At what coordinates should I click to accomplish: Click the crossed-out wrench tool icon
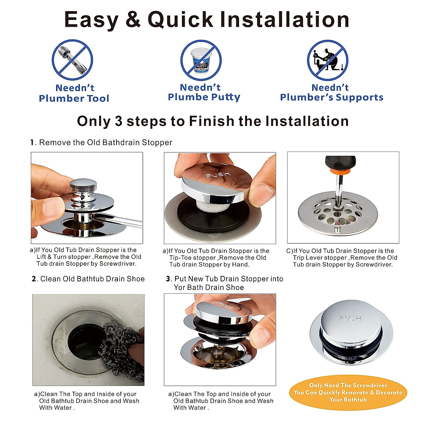pos(72,60)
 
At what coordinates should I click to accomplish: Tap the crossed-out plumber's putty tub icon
pos(201,60)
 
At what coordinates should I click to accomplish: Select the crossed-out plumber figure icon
pos(328,60)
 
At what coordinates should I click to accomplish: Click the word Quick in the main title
pos(180,20)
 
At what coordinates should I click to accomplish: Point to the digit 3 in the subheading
pos(119,121)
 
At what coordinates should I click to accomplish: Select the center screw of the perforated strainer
pos(337,213)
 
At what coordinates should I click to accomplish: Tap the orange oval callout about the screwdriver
pos(348,392)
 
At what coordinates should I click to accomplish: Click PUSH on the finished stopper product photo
pos(350,318)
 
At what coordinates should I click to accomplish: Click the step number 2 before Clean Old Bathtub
pos(34,279)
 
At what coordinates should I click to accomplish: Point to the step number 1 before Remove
pos(32,142)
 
